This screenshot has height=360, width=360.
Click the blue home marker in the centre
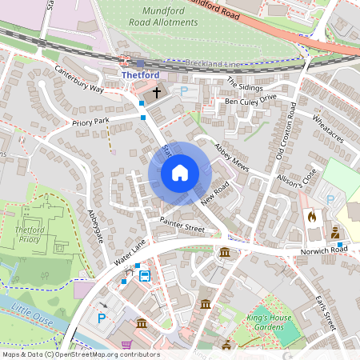click(179, 172)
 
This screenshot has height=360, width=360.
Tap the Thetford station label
click(135, 75)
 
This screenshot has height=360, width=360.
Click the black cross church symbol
click(157, 92)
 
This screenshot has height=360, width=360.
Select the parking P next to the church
click(184, 92)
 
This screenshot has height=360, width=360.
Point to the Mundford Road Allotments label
click(163, 17)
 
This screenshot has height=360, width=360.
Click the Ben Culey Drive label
click(250, 100)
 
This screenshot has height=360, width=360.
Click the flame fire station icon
click(312, 216)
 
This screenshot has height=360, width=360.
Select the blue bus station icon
click(145, 276)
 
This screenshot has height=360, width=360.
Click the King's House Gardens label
click(277, 322)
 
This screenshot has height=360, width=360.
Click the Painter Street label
click(182, 225)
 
